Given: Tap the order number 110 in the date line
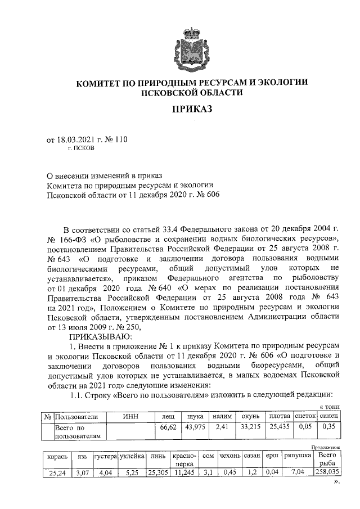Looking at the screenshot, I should [120, 140].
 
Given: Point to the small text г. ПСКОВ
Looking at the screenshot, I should [81, 150].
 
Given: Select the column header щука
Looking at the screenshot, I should [194, 416].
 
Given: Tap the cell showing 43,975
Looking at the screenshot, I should [194, 427].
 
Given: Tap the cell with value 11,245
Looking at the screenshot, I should [183, 473].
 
